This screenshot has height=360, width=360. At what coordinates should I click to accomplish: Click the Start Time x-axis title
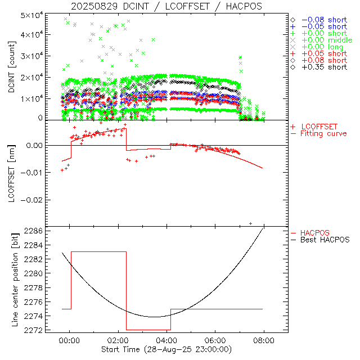pyautogui.click(x=167, y=350)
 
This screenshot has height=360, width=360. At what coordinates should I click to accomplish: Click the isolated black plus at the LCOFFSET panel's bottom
pyautogui.click(x=250, y=223)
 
